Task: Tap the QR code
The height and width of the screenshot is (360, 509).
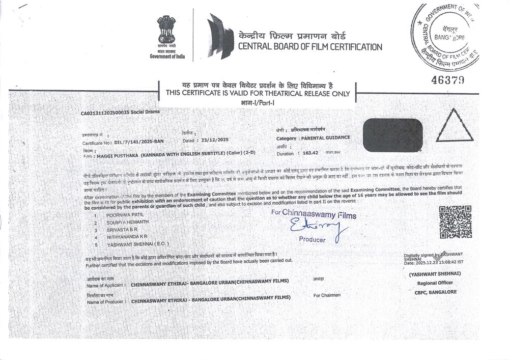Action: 456,221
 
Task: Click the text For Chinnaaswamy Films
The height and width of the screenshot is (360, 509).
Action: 314,214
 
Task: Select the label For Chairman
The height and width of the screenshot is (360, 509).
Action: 327,295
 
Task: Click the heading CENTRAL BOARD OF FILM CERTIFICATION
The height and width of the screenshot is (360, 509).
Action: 310,47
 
